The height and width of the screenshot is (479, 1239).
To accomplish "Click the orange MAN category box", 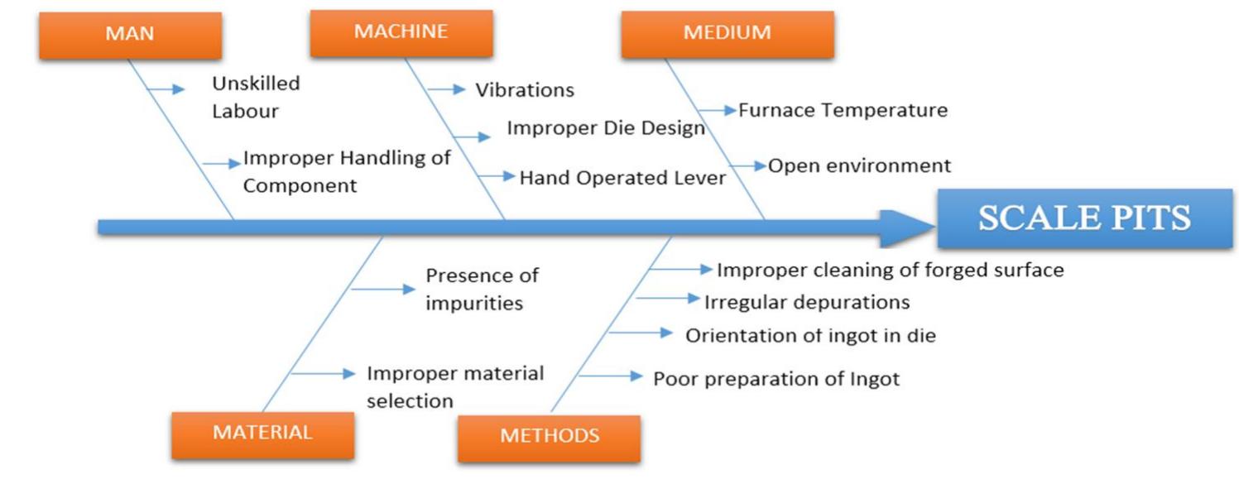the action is click(131, 36).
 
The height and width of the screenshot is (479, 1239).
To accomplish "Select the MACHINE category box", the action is click(401, 33).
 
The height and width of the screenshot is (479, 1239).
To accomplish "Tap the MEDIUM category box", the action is click(728, 34).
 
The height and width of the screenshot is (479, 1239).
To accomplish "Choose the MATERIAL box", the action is click(262, 435).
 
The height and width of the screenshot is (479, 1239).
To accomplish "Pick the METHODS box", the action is click(550, 438).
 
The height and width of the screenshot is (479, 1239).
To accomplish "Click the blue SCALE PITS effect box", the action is click(1085, 218).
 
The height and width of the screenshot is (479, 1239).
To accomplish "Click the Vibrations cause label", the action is click(525, 89).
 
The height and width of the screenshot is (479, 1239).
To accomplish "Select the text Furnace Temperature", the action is click(843, 110).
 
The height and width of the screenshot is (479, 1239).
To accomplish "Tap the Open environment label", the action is click(860, 165).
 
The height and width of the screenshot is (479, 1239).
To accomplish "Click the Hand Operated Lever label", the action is click(623, 178).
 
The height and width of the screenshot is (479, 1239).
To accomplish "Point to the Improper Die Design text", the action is click(606, 128).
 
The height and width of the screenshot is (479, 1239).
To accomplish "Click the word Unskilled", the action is click(256, 84).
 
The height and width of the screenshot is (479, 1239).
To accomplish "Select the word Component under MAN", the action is click(300, 186).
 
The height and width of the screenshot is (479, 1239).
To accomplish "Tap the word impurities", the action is click(474, 304).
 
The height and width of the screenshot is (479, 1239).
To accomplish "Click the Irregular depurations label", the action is click(807, 303).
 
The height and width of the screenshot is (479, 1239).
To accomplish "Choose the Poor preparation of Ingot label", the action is click(776, 380).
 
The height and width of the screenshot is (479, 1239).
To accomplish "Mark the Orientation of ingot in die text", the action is click(811, 336).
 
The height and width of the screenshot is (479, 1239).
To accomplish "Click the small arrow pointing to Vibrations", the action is click(447, 89).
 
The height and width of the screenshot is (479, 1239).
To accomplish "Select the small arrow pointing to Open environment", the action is click(747, 165).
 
